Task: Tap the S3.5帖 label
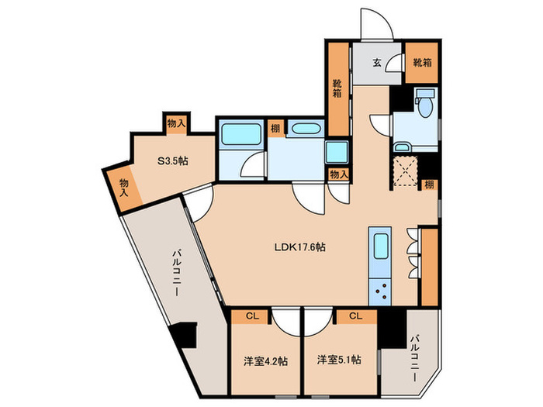click(x=174, y=161)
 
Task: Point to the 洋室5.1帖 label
click(x=338, y=360)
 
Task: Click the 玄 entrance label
click(x=376, y=64)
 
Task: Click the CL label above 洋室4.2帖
click(x=252, y=316)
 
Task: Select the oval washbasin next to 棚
click(x=303, y=129)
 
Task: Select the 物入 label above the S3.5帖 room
click(x=177, y=122)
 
